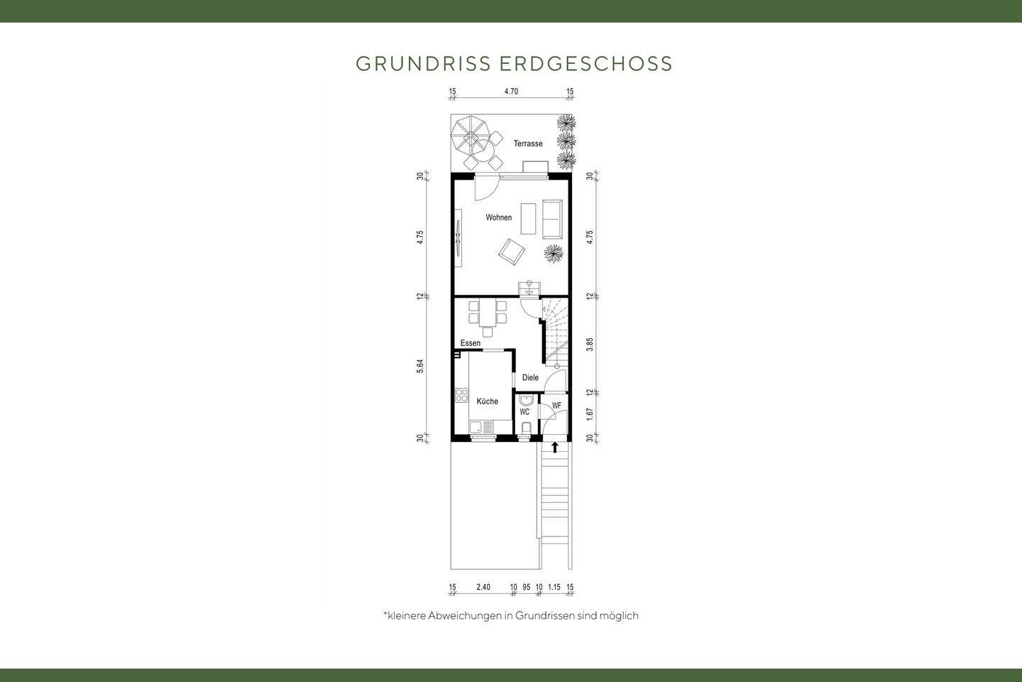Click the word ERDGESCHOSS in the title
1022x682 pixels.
586,64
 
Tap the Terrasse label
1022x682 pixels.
528,144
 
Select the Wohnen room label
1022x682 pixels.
498,217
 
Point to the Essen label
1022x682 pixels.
470,343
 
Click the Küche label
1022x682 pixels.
487,401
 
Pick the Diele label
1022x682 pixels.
530,378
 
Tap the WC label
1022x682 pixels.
524,412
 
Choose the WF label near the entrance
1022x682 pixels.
556,406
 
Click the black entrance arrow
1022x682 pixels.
555,447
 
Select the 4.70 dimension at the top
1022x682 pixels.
511,92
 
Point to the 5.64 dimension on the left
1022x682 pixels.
420,367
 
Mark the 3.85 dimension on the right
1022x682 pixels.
590,345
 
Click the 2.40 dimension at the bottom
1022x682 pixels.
483,587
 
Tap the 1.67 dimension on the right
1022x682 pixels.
590,415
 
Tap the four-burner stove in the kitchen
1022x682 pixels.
462,396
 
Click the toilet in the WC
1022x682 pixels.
525,428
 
